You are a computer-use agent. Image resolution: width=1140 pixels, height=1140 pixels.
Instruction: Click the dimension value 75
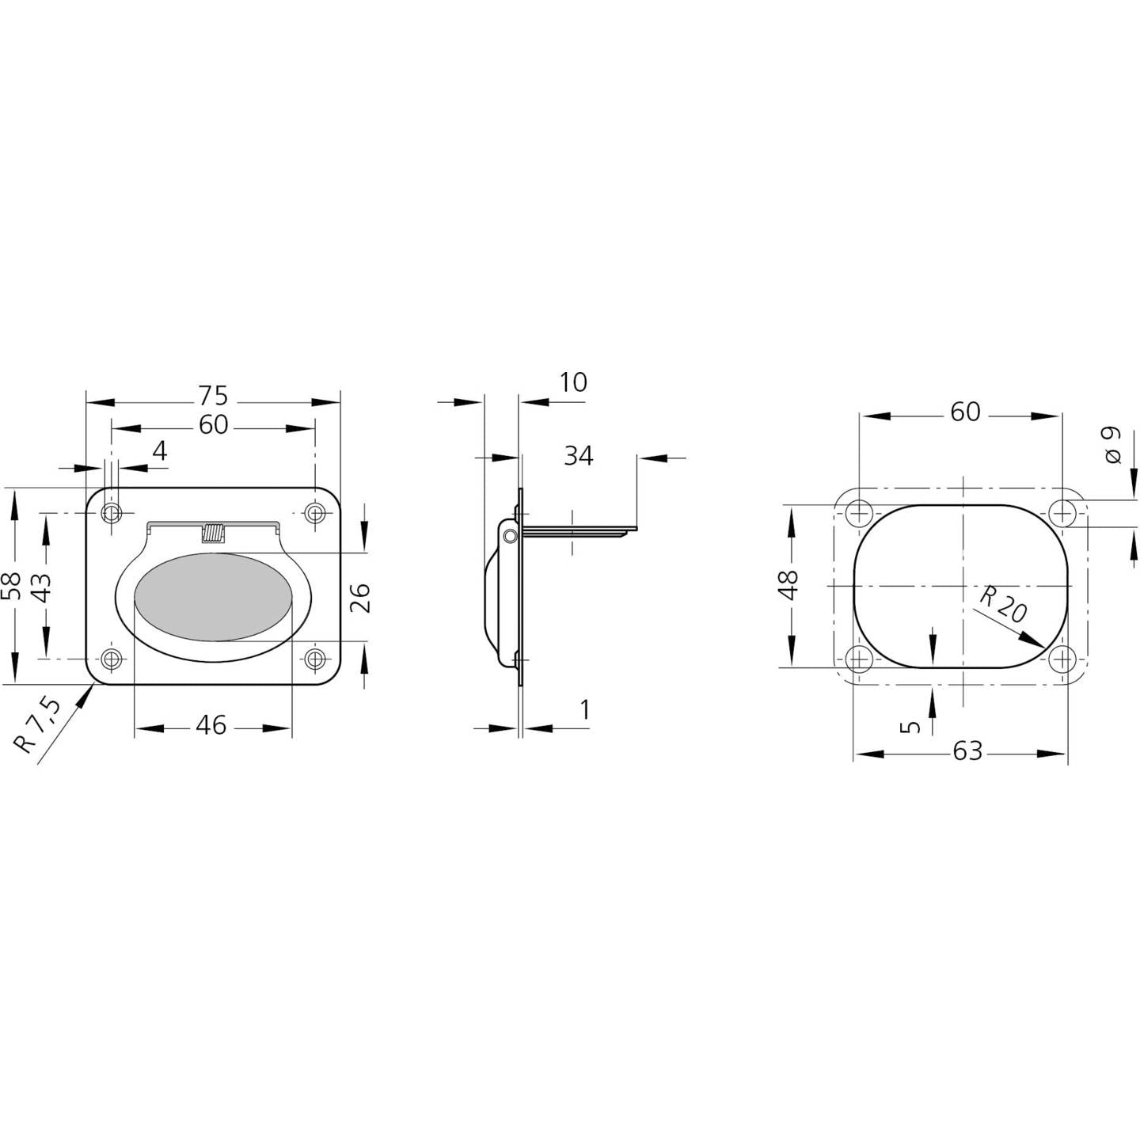[213, 394]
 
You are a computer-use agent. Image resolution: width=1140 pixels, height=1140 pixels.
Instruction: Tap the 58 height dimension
[12, 586]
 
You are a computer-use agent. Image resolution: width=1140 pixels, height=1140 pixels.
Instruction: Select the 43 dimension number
[42, 586]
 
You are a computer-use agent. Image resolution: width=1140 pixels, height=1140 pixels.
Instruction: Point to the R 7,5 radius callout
[36, 725]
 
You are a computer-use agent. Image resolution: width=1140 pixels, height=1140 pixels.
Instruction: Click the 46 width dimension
[211, 725]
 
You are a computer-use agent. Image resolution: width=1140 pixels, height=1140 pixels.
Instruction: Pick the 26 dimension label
[359, 598]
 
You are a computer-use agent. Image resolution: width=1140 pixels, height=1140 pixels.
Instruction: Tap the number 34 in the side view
[578, 455]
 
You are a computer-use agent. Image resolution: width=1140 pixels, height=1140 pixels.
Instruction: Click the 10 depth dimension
[572, 382]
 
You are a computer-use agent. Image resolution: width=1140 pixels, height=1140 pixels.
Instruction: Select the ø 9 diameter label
[1113, 445]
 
